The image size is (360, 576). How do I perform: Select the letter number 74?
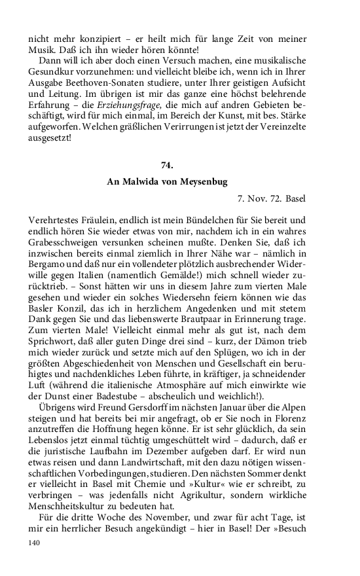click(x=167, y=166)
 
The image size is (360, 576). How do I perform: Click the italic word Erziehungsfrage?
click(x=143, y=104)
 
